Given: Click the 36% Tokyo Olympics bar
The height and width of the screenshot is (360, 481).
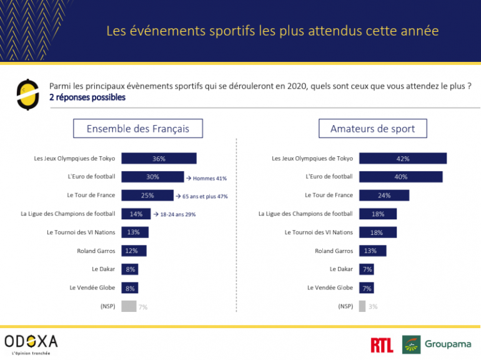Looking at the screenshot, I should (x=159, y=159).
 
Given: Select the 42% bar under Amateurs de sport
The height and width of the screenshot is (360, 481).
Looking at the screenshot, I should (x=403, y=159).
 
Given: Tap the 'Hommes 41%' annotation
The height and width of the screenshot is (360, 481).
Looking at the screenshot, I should (x=207, y=178).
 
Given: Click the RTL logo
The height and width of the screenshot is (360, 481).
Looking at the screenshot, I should (x=382, y=344).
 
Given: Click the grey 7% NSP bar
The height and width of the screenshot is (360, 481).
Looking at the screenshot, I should (x=129, y=306).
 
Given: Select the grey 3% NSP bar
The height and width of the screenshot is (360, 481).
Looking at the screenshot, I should (x=362, y=306).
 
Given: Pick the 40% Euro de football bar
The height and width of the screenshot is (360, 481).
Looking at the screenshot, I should (x=401, y=177).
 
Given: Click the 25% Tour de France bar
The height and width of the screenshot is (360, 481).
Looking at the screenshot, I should (x=147, y=196).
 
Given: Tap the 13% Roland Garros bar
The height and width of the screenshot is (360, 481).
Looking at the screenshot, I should (x=373, y=251).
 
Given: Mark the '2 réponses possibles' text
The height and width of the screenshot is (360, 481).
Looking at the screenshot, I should (x=87, y=97).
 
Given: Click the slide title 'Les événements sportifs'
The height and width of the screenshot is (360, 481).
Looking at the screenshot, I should (x=272, y=31).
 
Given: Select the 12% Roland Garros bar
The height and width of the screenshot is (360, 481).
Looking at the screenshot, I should (x=134, y=251).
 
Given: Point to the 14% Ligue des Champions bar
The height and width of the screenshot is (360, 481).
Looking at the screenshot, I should (x=136, y=214).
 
